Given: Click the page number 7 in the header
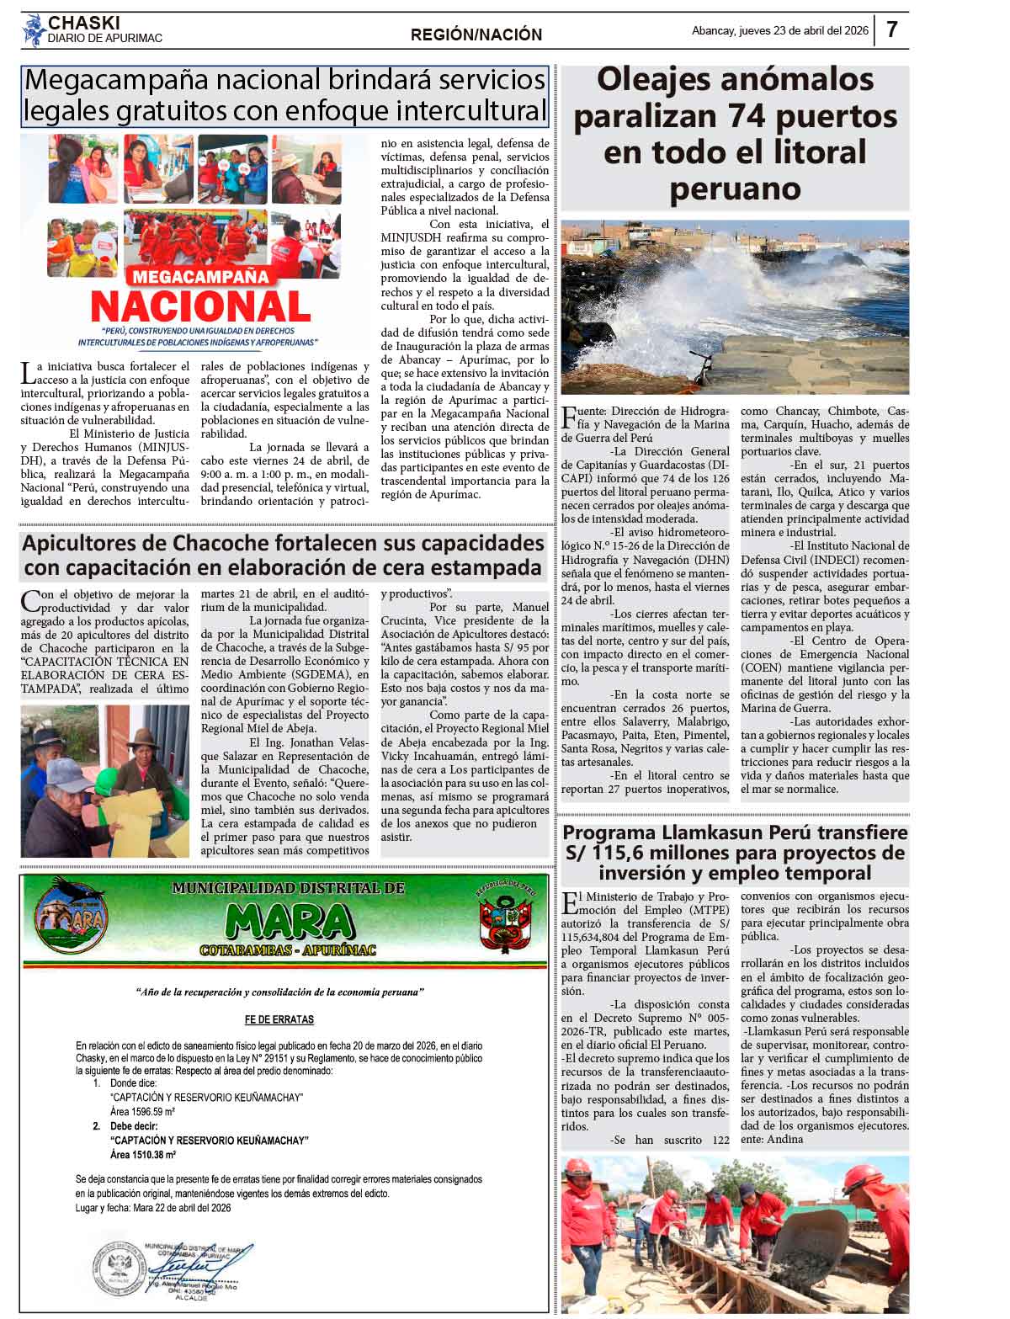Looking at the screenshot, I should [x=891, y=30].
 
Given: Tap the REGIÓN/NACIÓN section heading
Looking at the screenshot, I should [x=476, y=35].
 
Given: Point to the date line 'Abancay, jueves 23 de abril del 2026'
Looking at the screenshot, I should [x=779, y=31].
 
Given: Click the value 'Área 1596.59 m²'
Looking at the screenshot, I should [x=142, y=1112].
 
